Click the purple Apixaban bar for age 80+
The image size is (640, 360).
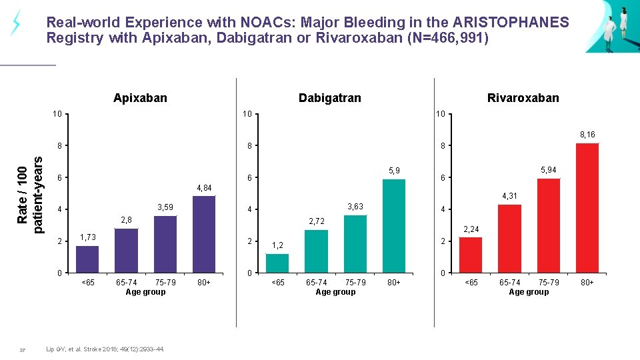[x=203, y=234]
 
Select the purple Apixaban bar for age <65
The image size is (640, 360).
[x=87, y=259]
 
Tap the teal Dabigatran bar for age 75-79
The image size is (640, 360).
[x=355, y=243]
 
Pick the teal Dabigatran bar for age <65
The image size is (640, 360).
[x=278, y=263]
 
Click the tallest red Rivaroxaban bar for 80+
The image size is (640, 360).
[x=587, y=207]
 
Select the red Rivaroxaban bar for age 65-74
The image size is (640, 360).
[x=510, y=238]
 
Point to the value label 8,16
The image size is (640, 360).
[x=587, y=135]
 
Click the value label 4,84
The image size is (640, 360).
[x=203, y=188]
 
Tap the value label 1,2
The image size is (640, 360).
[x=277, y=245]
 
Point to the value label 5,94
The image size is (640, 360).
[x=549, y=171]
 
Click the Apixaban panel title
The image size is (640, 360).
[x=140, y=98]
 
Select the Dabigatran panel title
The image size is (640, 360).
[x=329, y=98]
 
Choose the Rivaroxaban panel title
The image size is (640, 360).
[x=523, y=98]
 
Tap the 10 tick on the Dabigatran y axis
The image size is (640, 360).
[x=247, y=114]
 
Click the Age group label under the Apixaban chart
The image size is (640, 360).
[x=145, y=291]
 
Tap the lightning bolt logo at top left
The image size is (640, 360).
[x=15, y=23]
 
